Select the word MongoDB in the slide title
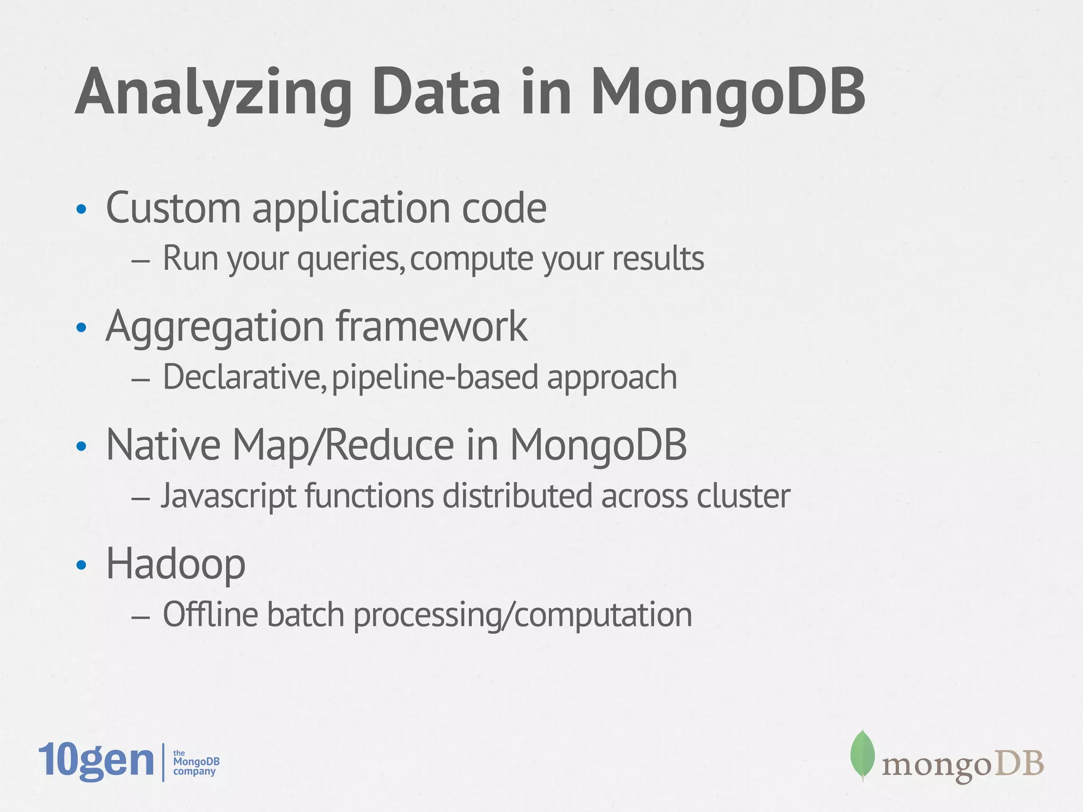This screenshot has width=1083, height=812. [x=728, y=93]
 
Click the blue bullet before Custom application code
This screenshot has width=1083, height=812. [x=81, y=210]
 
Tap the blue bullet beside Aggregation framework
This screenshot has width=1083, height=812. [x=81, y=328]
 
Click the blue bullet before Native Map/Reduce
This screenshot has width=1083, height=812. [x=81, y=447]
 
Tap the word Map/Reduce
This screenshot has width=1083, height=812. [x=343, y=445]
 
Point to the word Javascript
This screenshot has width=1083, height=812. [x=228, y=497]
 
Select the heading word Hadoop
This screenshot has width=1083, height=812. [x=176, y=564]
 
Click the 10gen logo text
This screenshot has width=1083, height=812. [x=96, y=761]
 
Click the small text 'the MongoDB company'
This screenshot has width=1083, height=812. [x=196, y=762]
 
